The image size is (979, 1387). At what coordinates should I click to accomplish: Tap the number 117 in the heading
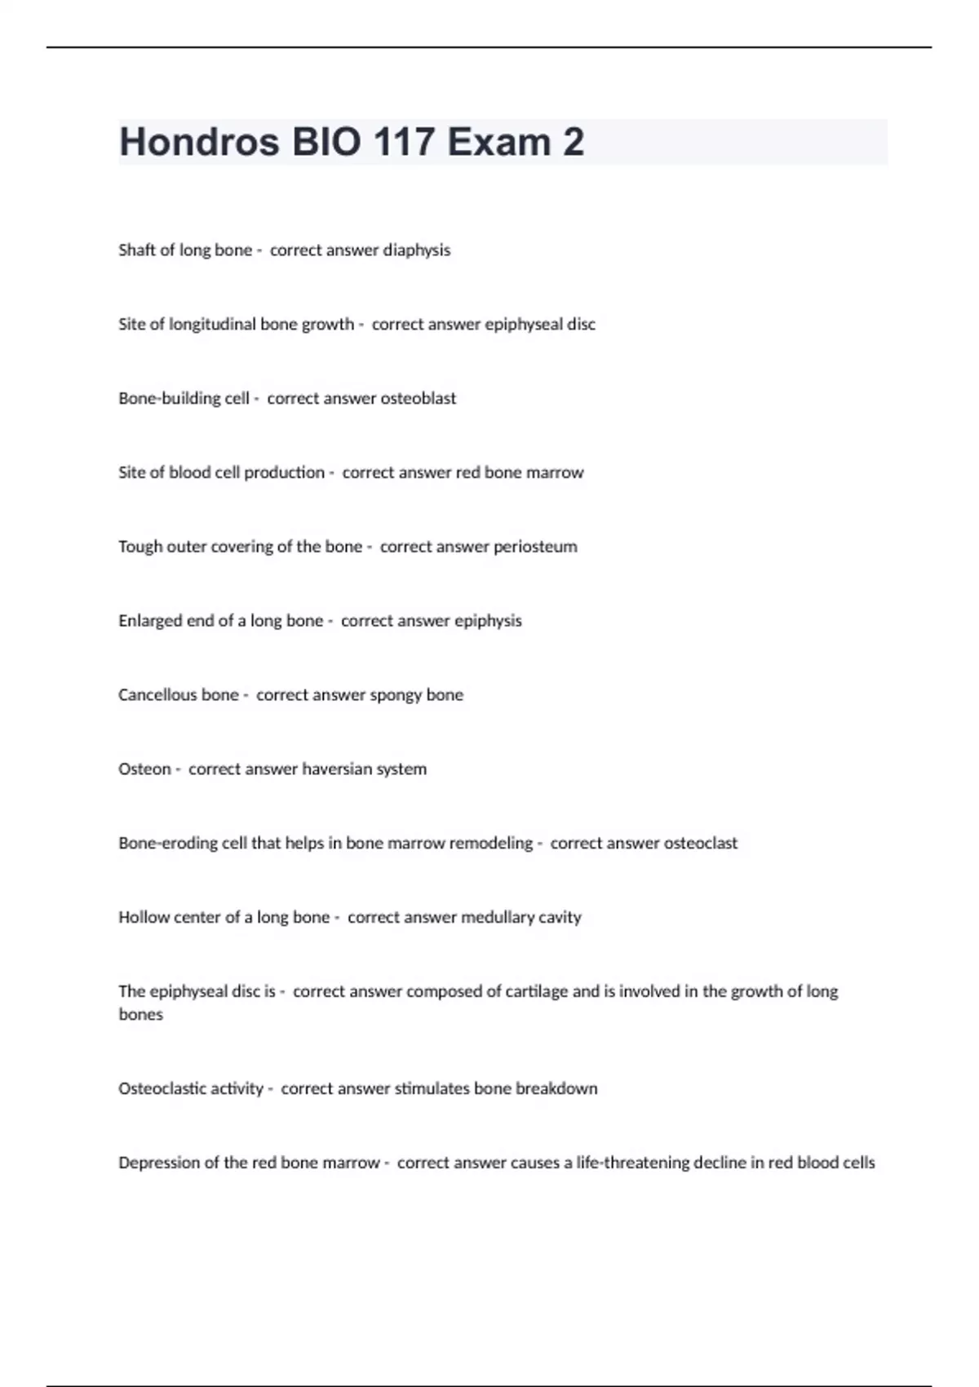[x=404, y=142]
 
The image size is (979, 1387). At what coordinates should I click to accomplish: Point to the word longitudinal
[x=212, y=324]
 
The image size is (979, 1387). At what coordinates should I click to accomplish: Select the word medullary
[x=498, y=918]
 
